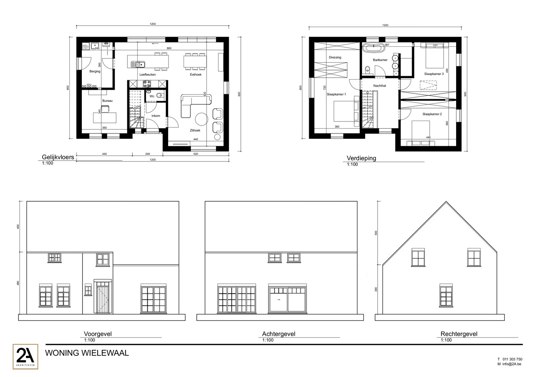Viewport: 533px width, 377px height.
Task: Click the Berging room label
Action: [x=95, y=71]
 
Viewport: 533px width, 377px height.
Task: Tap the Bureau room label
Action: [x=107, y=101]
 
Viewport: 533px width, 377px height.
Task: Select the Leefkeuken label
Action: [x=147, y=75]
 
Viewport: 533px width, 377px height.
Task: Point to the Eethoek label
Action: [x=196, y=75]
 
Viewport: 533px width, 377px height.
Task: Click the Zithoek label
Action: [x=195, y=130]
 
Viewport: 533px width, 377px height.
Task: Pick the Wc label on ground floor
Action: [x=152, y=96]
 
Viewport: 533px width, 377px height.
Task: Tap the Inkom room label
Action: [x=156, y=116]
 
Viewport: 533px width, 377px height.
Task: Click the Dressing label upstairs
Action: [x=335, y=57]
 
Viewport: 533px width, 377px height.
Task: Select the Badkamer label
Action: [x=380, y=60]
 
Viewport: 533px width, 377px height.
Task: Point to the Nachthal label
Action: [x=380, y=86]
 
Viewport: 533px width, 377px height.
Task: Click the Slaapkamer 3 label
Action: [x=434, y=74]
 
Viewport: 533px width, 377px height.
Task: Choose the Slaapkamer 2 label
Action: [x=432, y=114]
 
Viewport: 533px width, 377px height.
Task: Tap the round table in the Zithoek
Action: [x=201, y=119]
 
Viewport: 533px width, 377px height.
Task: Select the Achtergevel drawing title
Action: [x=279, y=334]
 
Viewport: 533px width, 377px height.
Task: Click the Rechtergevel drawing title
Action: [x=459, y=334]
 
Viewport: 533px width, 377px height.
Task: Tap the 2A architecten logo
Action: [x=25, y=356]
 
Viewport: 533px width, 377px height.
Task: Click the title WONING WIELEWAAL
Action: [x=87, y=353]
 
